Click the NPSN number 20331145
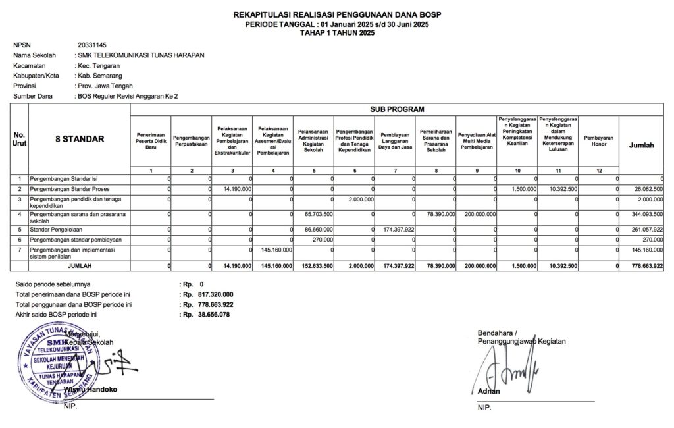92,45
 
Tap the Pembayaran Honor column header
599,141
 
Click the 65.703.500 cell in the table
319,214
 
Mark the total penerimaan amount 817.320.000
215,294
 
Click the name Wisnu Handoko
91,389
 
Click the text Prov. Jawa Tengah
105,86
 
